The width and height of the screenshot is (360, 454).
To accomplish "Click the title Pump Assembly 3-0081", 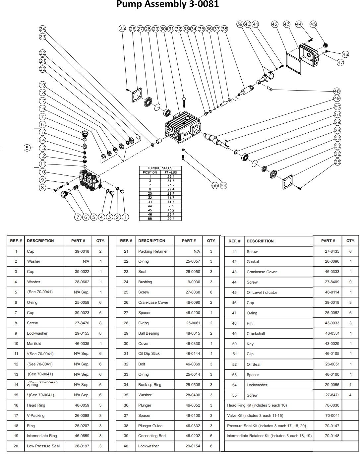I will coord(167,4).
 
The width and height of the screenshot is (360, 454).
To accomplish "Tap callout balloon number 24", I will coord(42,29).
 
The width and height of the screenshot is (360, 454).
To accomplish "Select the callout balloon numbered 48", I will coord(337,91).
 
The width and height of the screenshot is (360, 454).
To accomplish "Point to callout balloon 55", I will coord(215,185).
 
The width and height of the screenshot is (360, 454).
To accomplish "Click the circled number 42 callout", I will coord(274,24).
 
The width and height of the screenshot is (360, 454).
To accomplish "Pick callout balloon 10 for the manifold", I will coord(42,172).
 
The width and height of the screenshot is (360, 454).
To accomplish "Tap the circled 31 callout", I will coord(171,29).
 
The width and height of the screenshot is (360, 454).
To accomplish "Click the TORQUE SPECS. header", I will coord(160,168).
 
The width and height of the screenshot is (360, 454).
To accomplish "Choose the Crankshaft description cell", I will coord(256,334).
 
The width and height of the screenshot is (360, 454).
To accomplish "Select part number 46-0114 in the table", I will coord(332,292).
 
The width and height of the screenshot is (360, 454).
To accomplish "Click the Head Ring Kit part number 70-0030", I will coord(332,405).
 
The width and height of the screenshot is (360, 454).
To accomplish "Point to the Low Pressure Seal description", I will coord(43,446).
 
